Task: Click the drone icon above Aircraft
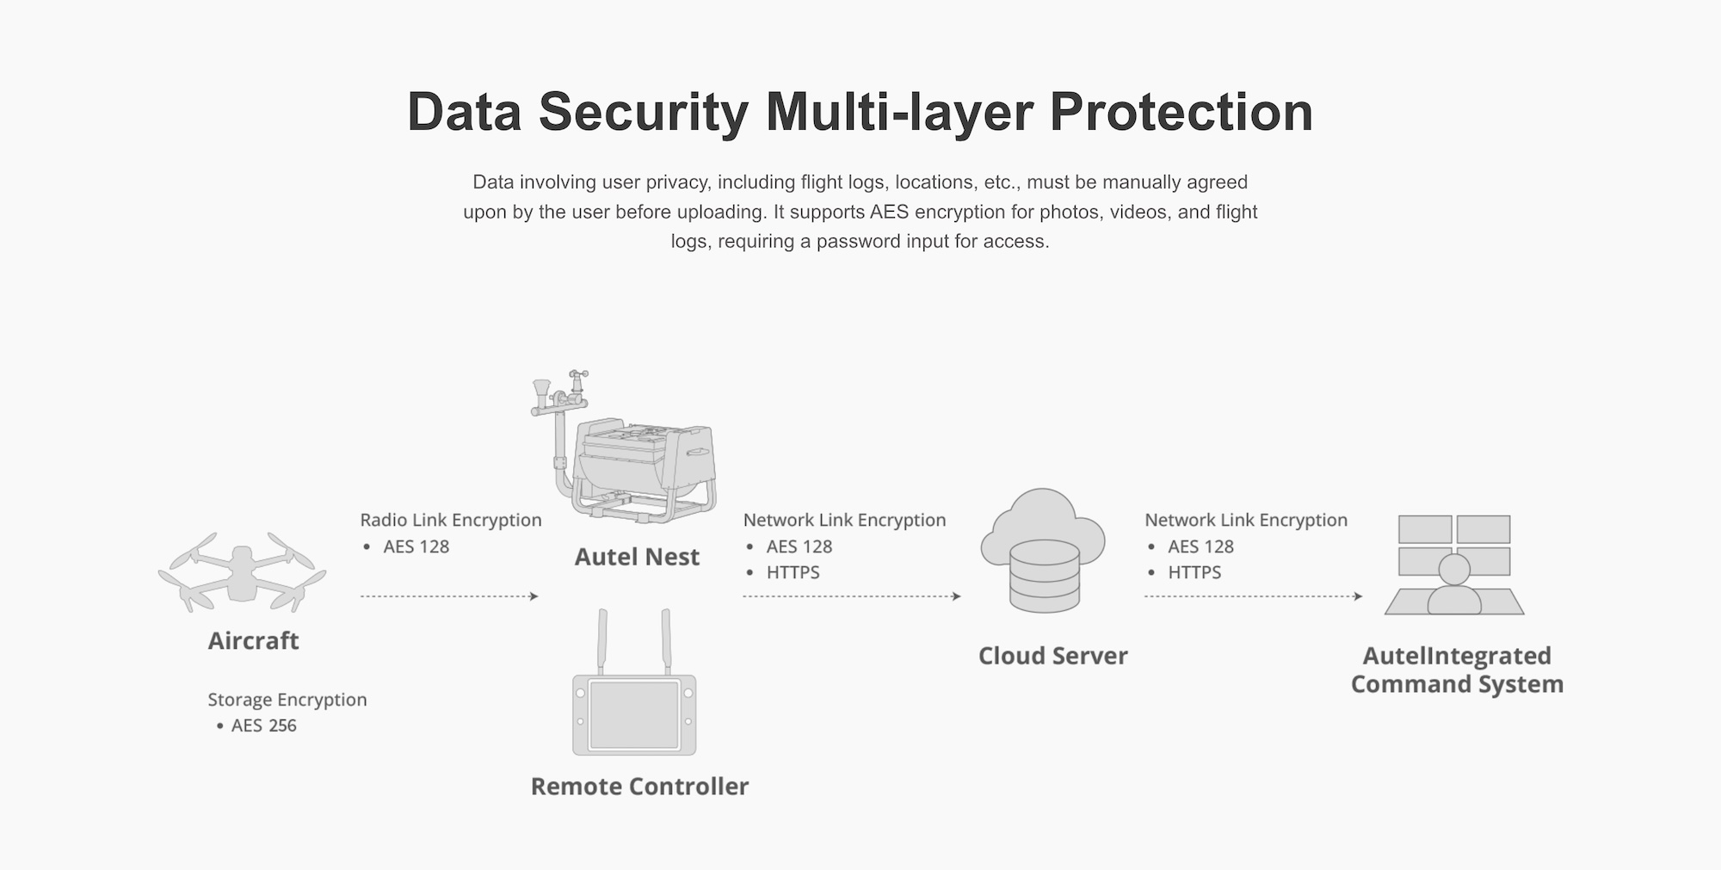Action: tap(242, 573)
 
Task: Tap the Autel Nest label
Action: tap(637, 557)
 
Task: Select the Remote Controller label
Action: tap(639, 787)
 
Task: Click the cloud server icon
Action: tap(1043, 551)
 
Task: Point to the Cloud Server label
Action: tap(1052, 656)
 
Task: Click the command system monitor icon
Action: tap(1454, 565)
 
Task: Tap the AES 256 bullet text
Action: tap(263, 725)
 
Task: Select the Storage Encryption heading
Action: tap(287, 700)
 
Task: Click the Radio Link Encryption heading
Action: tap(451, 520)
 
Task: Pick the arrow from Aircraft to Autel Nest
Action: tap(449, 596)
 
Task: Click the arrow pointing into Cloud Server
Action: tap(852, 596)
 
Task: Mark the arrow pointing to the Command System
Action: tap(1254, 596)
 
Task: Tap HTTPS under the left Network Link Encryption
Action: tap(793, 572)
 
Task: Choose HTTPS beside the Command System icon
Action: tap(1194, 572)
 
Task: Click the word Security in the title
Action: tap(644, 113)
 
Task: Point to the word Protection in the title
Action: tap(1181, 112)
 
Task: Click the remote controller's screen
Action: tap(634, 713)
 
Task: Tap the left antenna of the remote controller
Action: tap(602, 642)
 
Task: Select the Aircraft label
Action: tap(253, 641)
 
